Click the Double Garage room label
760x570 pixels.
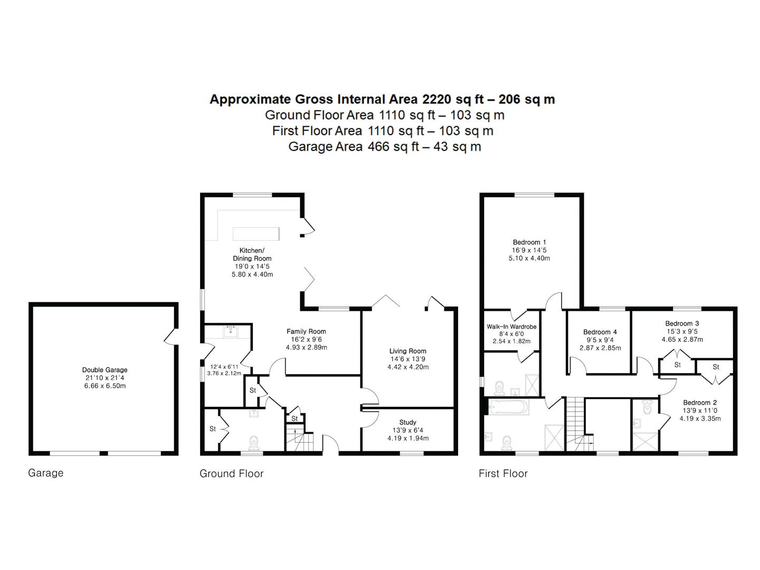pos(104,370)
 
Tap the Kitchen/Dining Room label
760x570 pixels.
pos(252,254)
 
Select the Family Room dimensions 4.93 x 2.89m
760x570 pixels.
pos(306,347)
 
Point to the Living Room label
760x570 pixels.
pos(407,351)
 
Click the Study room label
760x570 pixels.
pos(407,422)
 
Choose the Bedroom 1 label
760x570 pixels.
pos(529,242)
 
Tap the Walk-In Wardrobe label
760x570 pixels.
pos(511,326)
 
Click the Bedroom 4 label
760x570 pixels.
pos(600,332)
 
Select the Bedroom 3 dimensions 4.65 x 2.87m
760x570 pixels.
pos(682,339)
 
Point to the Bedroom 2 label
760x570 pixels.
pos(700,403)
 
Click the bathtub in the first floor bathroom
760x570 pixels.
pos(508,407)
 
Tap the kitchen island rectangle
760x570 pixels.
pos(255,234)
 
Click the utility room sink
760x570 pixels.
pos(231,332)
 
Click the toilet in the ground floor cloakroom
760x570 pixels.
pos(254,443)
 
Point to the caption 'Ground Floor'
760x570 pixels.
pos(231,473)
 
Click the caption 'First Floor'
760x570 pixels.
pos(503,473)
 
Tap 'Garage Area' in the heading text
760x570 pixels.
pos(325,147)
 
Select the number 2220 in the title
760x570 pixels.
pos(436,99)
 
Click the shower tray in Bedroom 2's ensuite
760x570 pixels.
pos(645,442)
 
